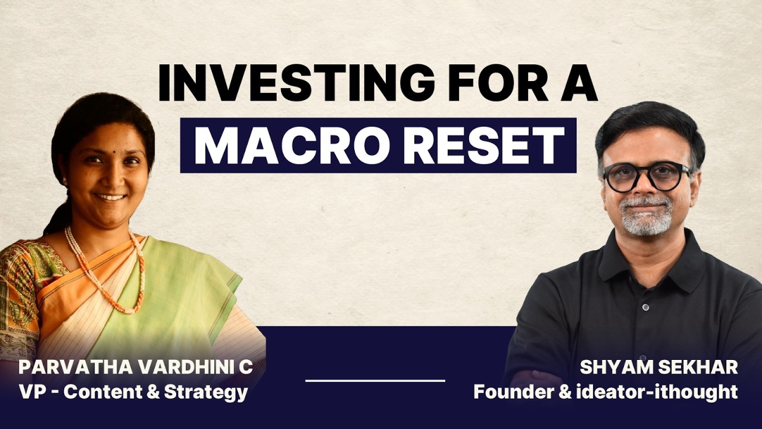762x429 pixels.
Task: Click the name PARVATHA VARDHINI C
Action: (135, 367)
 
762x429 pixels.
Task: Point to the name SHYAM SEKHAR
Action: (658, 367)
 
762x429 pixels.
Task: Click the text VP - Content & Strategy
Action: (133, 393)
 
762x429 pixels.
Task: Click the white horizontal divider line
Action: (375, 380)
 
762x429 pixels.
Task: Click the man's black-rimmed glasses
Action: (646, 176)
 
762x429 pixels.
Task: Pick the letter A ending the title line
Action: (576, 83)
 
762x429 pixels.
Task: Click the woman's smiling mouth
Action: (111, 196)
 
